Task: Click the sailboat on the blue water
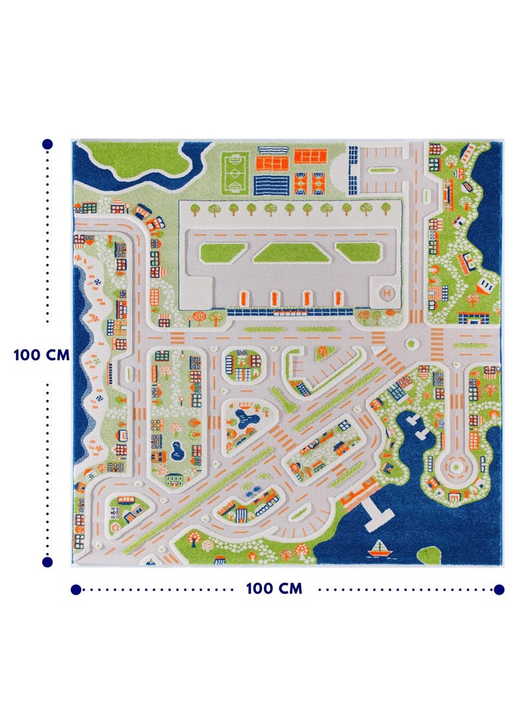tap(379, 547)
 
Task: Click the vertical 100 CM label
tap(41, 354)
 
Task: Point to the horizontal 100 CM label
tap(274, 589)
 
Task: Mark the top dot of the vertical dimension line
tap(48, 144)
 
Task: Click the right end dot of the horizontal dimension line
tap(499, 589)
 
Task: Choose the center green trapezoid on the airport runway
tap(287, 251)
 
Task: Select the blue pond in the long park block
tap(176, 452)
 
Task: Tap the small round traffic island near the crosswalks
tap(411, 344)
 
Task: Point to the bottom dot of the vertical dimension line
tap(48, 562)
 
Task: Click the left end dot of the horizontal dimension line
tap(76, 589)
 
